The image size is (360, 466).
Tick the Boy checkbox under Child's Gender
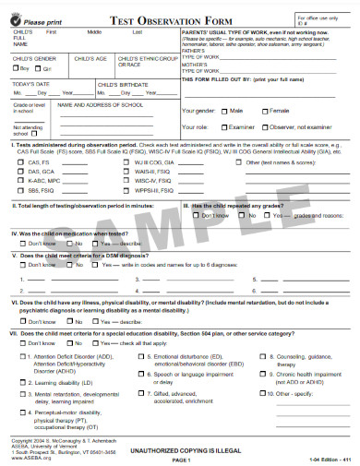click(17, 68)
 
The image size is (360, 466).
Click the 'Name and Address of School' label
click(98, 105)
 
